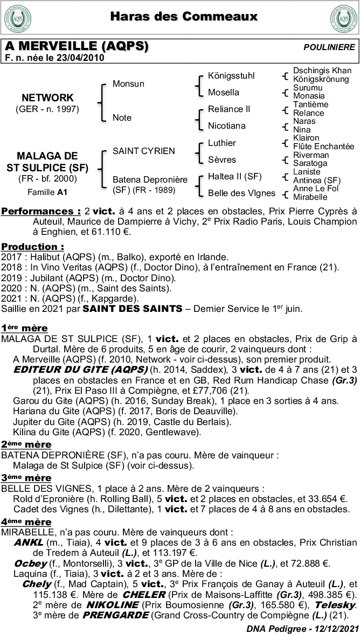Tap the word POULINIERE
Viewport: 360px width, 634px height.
(329, 47)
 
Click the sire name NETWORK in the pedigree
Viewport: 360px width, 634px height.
(47, 97)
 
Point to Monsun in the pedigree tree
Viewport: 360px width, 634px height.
(128, 84)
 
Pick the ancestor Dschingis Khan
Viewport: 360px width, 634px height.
(322, 71)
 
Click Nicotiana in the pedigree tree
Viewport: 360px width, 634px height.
(226, 126)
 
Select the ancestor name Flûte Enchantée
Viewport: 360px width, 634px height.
(323, 147)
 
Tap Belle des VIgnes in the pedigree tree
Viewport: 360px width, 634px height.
(241, 193)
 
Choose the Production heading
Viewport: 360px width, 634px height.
(32, 246)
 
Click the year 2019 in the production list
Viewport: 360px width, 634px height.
(11, 278)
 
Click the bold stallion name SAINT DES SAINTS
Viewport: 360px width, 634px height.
(132, 309)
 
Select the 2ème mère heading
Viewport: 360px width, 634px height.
(26, 444)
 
